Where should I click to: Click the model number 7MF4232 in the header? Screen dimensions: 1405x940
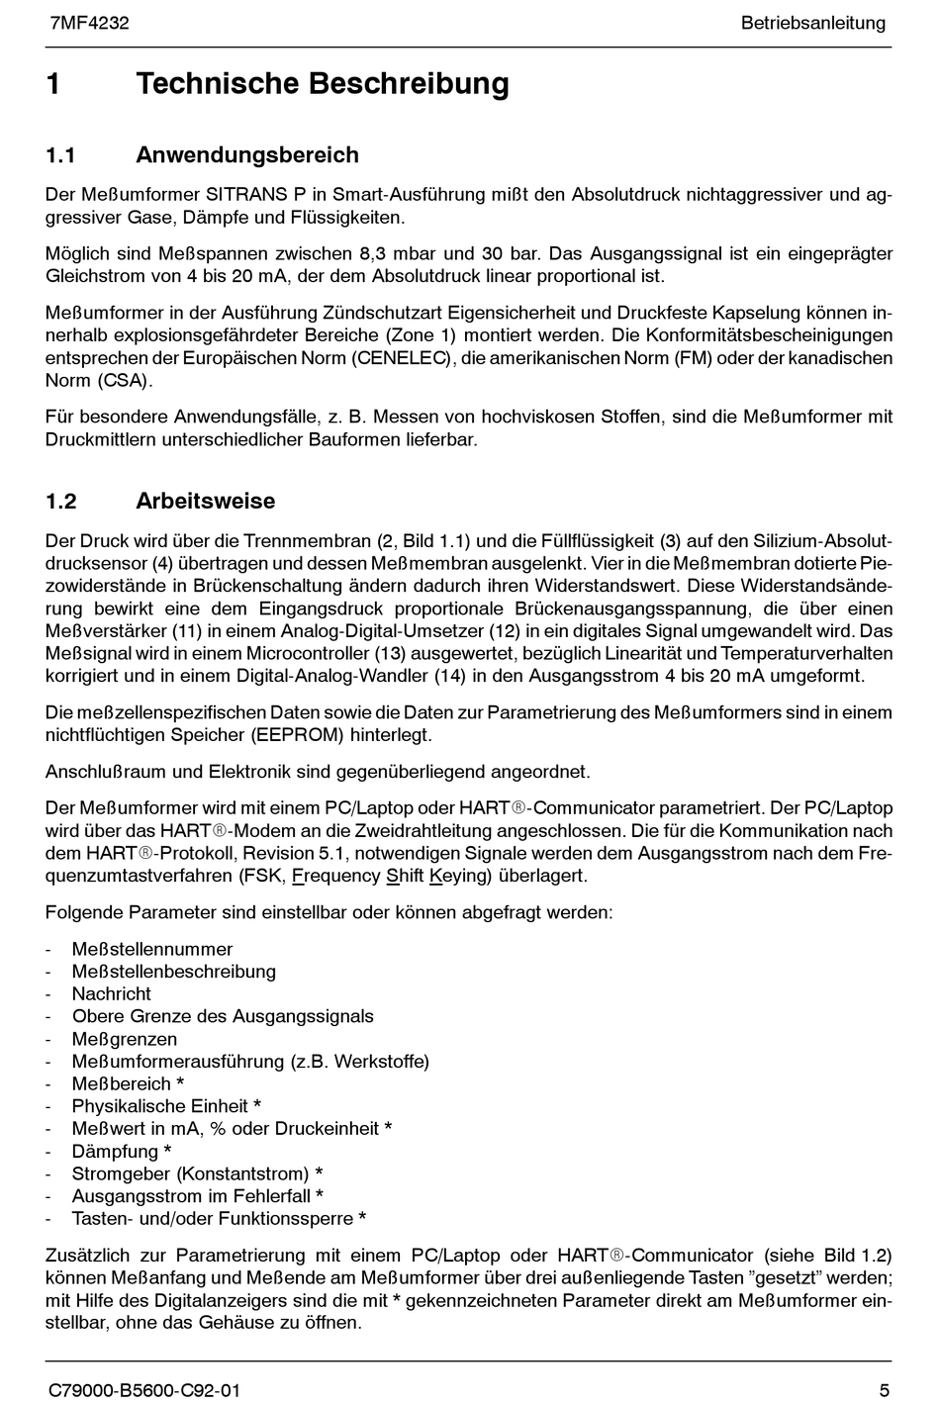(x=89, y=23)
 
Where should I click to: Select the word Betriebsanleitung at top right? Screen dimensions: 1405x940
(x=812, y=23)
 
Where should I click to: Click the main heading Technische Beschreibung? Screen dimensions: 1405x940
(x=323, y=84)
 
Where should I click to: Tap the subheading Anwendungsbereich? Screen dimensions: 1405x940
(x=246, y=155)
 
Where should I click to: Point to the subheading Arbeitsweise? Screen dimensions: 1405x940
(x=205, y=502)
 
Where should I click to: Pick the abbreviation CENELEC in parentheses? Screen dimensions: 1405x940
(x=403, y=358)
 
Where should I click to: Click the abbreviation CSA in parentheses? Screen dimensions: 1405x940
(x=125, y=381)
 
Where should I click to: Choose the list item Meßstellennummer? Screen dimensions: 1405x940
(x=152, y=950)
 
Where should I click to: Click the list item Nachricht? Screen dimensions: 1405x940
(x=111, y=994)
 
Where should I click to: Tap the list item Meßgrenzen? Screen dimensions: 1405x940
(x=125, y=1040)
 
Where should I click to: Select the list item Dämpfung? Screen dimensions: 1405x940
(x=115, y=1152)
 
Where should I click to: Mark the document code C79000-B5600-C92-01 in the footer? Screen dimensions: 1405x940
(x=144, y=1390)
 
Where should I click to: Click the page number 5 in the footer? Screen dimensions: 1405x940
(x=884, y=1390)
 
